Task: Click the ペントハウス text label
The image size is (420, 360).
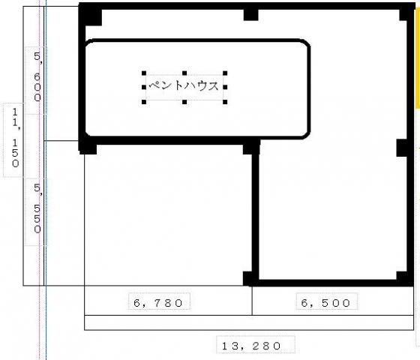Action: click(184, 85)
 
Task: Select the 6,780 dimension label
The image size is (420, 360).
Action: click(158, 303)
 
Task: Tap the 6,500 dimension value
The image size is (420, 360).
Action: click(325, 303)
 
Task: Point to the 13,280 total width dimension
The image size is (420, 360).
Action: click(251, 346)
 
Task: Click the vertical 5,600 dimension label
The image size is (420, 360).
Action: click(37, 76)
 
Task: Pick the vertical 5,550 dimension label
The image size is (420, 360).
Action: click(37, 208)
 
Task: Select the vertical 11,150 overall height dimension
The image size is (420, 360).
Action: click(16, 138)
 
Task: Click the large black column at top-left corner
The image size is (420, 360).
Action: click(91, 15)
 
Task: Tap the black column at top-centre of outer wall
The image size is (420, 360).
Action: click(251, 14)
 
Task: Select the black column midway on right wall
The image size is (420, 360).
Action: click(403, 148)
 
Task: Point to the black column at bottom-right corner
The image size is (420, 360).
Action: click(404, 278)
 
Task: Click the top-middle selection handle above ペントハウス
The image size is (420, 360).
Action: click(184, 73)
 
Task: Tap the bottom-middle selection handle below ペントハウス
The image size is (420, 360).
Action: click(184, 102)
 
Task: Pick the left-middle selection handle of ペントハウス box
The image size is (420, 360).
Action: click(144, 87)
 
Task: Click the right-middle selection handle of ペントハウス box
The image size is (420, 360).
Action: click(225, 87)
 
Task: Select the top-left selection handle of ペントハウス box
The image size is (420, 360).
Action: click(144, 73)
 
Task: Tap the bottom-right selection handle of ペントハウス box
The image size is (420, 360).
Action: click(225, 102)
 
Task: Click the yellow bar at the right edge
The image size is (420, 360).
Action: click(418, 58)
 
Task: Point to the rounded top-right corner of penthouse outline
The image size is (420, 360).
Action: click(307, 43)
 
